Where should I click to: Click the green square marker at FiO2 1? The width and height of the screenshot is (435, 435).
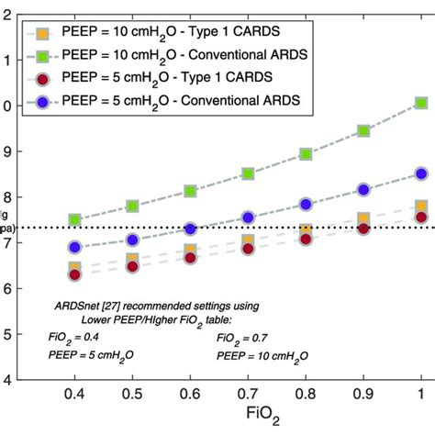(x=420, y=104)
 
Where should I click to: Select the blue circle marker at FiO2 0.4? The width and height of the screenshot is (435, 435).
(x=75, y=247)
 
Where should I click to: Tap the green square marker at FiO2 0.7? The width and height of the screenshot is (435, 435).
(x=248, y=173)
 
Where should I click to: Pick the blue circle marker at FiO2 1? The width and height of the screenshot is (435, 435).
(x=420, y=173)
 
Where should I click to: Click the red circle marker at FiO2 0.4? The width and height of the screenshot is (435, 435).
(x=75, y=273)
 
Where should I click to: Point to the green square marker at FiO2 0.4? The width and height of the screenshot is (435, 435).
(x=75, y=220)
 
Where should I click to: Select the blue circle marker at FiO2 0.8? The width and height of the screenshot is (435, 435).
(x=306, y=205)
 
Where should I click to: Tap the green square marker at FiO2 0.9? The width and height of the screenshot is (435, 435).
(x=363, y=131)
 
